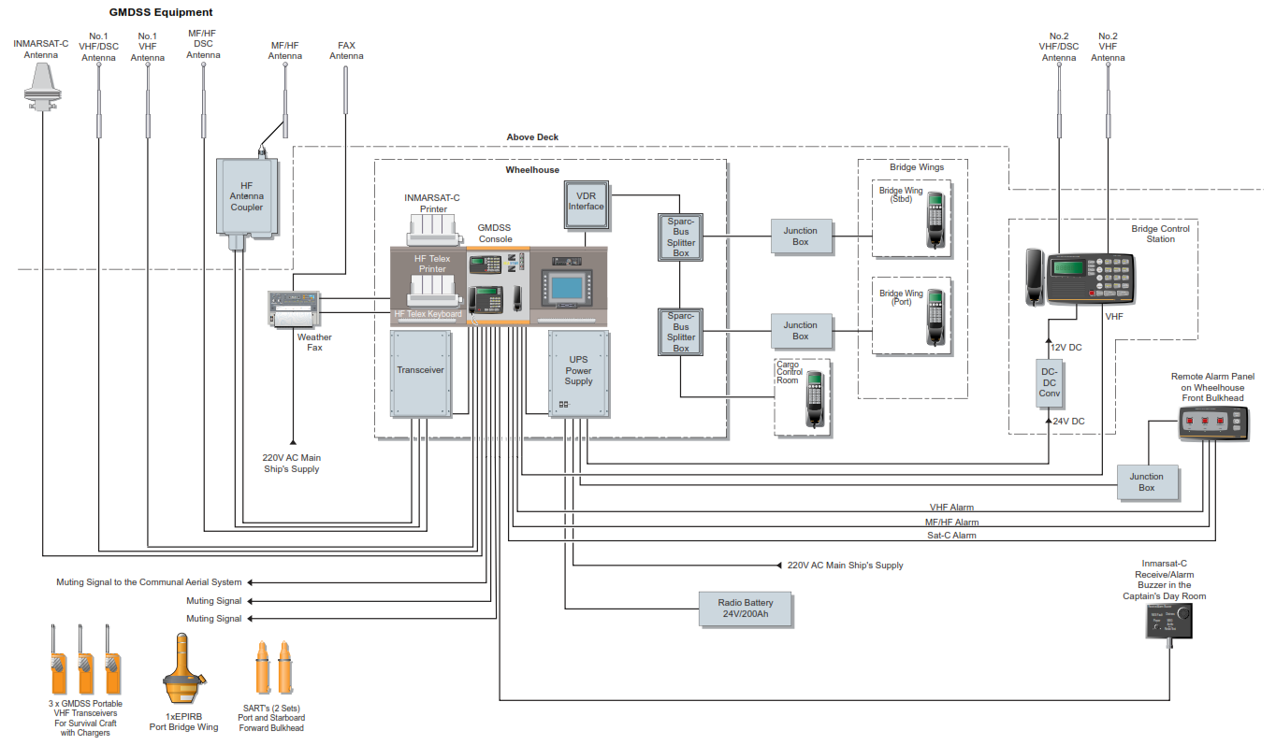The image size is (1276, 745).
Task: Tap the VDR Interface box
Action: pos(587,205)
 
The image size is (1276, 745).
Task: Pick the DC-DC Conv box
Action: pos(1050,383)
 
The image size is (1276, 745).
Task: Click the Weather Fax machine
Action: pos(295,308)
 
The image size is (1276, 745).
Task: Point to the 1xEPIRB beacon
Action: pos(183,671)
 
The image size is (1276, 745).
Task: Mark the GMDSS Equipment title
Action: pos(161,12)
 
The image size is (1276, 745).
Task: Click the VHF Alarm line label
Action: pos(951,508)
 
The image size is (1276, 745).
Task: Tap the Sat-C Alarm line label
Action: pos(951,536)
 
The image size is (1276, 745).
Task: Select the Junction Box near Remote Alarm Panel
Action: pos(1146,482)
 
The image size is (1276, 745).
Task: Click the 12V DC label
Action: pos(1066,348)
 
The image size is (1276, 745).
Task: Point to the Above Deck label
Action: pos(532,137)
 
